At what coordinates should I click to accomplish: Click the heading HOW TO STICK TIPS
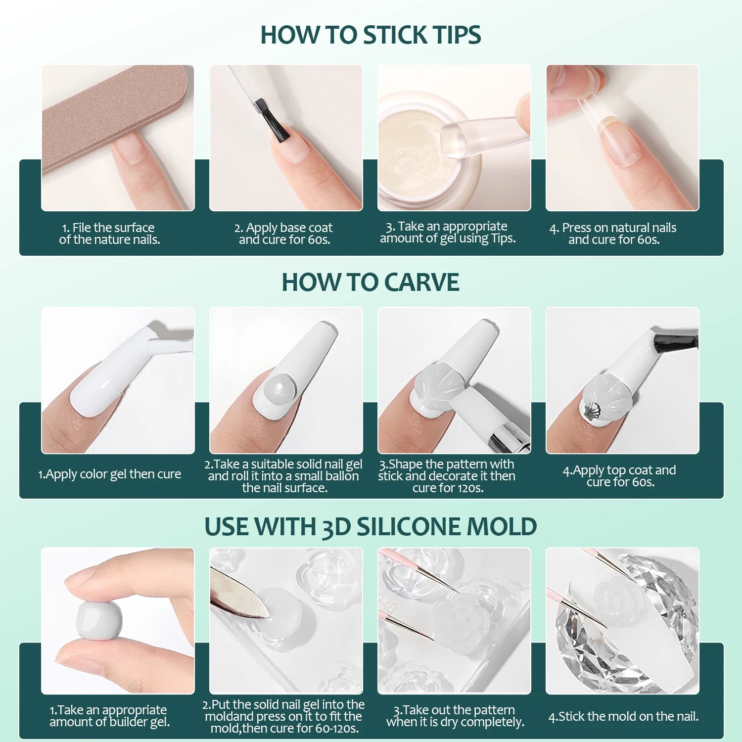pos(371,35)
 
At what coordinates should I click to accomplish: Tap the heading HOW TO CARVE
pos(371,282)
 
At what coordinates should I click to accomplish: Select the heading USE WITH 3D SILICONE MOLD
pos(371,526)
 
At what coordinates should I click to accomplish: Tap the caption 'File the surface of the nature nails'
pos(109,233)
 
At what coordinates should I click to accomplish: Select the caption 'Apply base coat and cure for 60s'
pos(284,233)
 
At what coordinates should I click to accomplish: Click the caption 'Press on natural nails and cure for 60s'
pos(613,233)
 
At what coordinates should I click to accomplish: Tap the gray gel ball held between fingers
pos(99,622)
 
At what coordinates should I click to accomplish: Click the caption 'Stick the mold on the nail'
pos(623,716)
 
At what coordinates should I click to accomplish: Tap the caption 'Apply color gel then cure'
pos(109,474)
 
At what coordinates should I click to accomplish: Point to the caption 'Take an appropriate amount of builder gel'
pos(109,716)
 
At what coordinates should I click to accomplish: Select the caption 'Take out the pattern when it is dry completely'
pos(455,716)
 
